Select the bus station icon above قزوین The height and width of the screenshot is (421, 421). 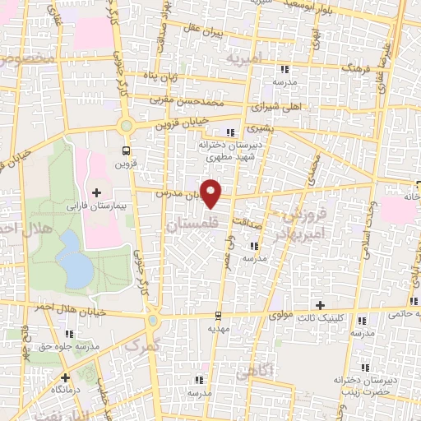point(126,150)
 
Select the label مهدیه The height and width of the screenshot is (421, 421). point(216,327)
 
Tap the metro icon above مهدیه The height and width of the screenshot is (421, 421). point(217,314)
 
